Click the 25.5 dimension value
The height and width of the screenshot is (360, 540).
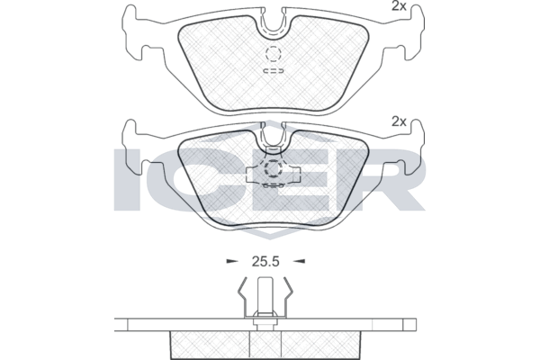pyautogui.click(x=265, y=262)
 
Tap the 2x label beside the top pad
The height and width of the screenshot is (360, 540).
pyautogui.click(x=399, y=6)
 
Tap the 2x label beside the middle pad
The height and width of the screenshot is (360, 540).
pyautogui.click(x=399, y=121)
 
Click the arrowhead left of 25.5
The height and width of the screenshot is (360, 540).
pyautogui.click(x=232, y=262)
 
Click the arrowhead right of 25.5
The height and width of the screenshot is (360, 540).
pyautogui.click(x=299, y=262)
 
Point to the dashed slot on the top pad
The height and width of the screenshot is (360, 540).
pyautogui.click(x=274, y=71)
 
